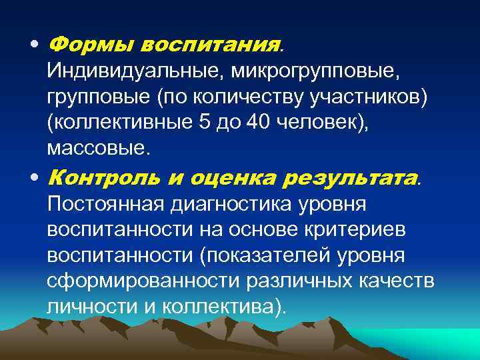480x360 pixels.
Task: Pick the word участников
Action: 371,98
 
